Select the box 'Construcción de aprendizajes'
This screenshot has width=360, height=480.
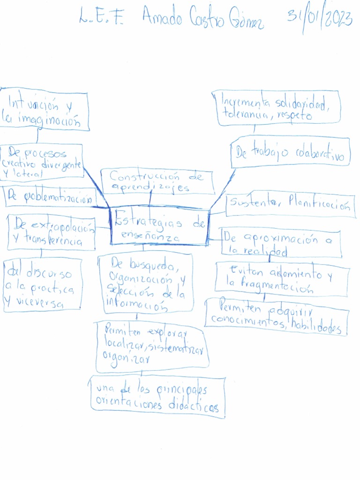(x=157, y=181)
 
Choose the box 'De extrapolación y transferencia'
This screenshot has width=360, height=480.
(x=52, y=232)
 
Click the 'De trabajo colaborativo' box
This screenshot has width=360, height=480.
(x=291, y=153)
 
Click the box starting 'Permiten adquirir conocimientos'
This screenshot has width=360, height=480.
(x=277, y=317)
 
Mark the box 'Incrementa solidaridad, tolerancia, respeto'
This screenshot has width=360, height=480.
(x=276, y=108)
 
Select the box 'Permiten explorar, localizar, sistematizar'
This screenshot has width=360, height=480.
(x=151, y=345)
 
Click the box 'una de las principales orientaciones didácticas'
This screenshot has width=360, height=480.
(x=157, y=397)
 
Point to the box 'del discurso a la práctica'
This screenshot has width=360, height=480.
(x=42, y=285)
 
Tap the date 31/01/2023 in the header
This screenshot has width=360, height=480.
(x=320, y=19)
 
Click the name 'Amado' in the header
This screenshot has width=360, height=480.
(x=164, y=19)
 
